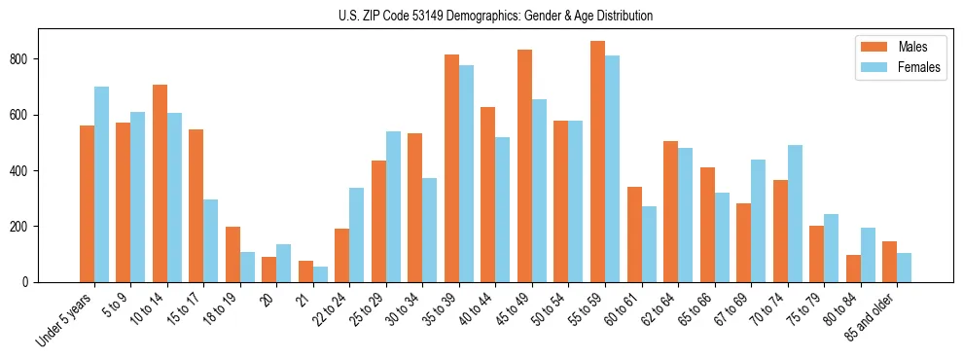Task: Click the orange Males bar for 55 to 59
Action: coord(597,162)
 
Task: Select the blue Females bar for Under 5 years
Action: coord(101,185)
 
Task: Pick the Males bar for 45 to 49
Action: coord(524,165)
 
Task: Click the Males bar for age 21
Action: coord(305,271)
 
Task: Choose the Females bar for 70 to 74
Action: coord(795,214)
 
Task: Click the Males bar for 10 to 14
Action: coord(160,184)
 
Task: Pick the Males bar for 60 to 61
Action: coord(634,234)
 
